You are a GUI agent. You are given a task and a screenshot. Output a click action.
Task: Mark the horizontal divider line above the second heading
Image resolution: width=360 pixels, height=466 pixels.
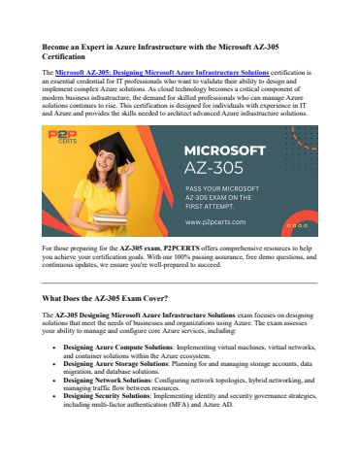coord(180,281)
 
